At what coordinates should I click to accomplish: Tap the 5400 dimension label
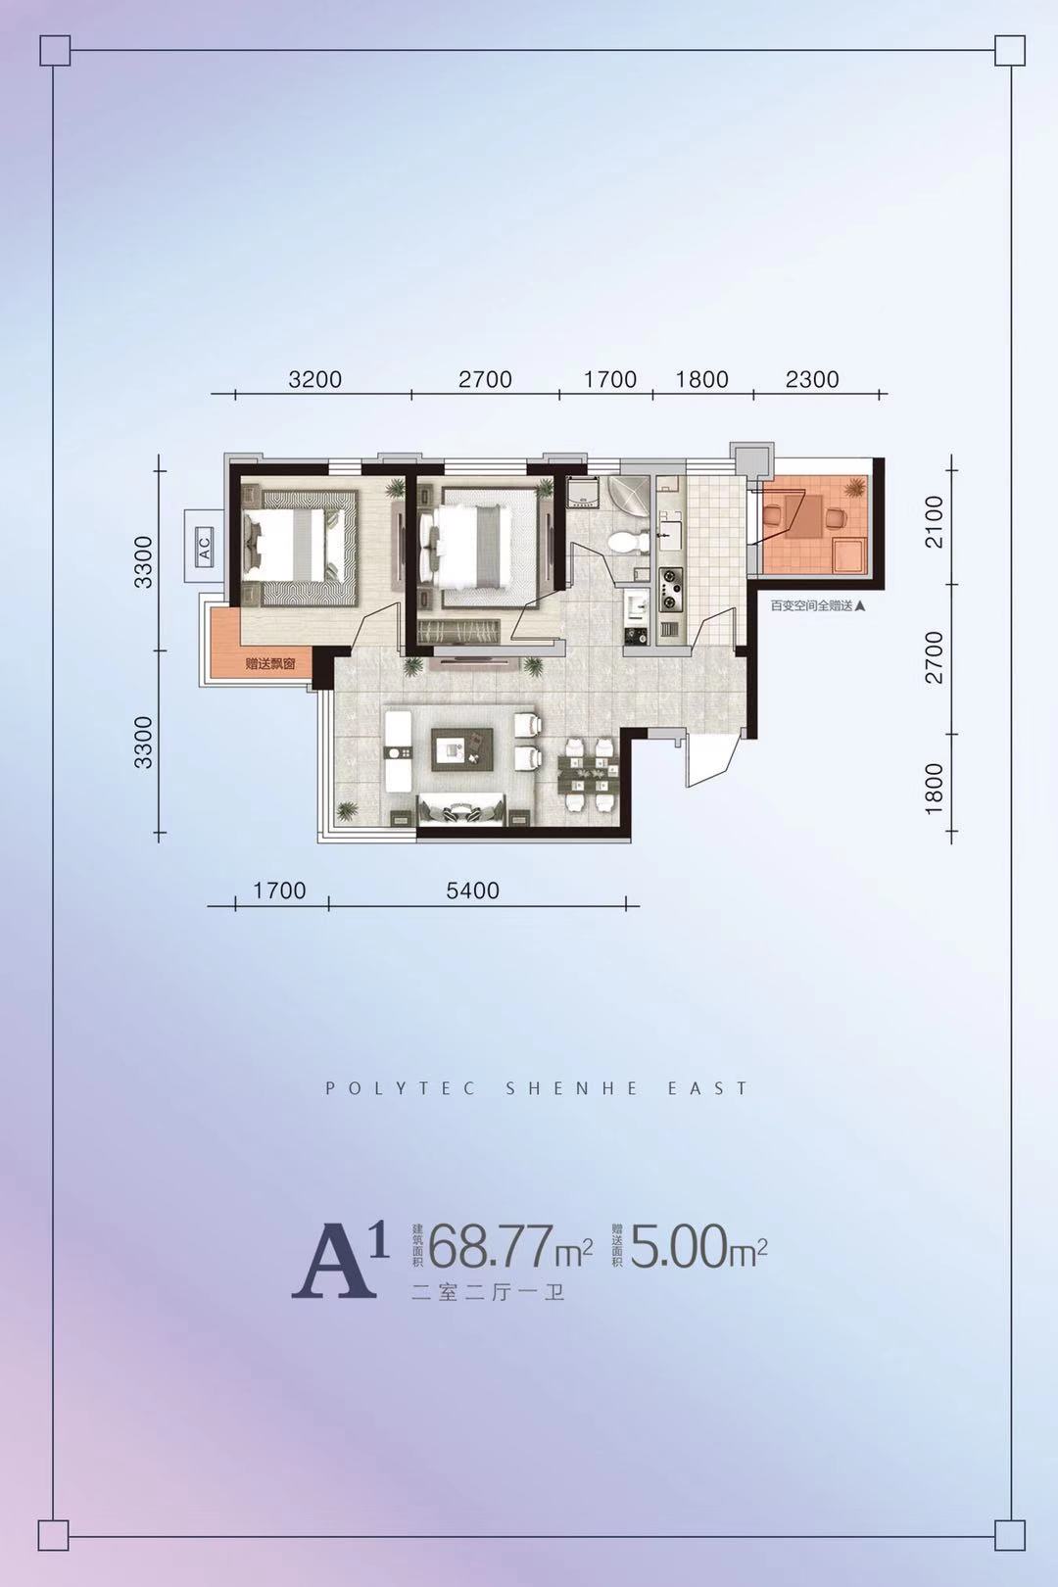pyautogui.click(x=472, y=890)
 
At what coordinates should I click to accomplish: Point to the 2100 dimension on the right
pyautogui.click(x=936, y=521)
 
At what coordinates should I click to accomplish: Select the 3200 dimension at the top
pyautogui.click(x=315, y=379)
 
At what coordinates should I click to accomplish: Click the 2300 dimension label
pyautogui.click(x=812, y=379)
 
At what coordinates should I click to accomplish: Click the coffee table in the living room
pyautogui.click(x=462, y=749)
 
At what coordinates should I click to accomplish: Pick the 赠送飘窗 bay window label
pyautogui.click(x=270, y=665)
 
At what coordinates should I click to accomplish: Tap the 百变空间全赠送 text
pyautogui.click(x=811, y=606)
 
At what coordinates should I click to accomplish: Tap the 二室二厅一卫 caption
pyautogui.click(x=488, y=1294)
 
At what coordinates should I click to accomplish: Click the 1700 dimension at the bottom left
pyautogui.click(x=279, y=890)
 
